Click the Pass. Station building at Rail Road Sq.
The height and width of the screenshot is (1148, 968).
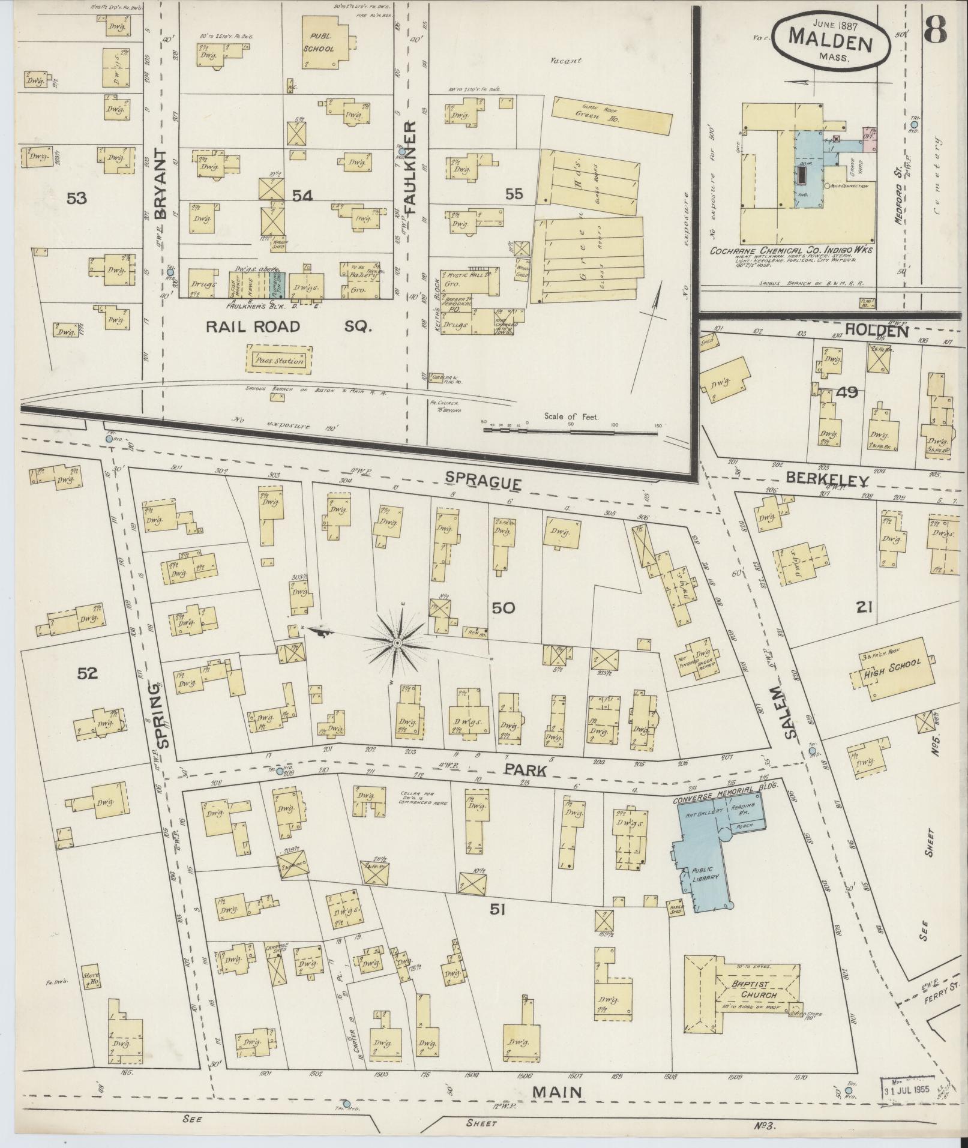click(x=280, y=361)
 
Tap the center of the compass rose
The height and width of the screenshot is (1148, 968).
click(x=397, y=643)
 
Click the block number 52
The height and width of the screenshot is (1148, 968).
click(x=87, y=673)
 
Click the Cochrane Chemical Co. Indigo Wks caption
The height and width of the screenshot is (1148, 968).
click(x=791, y=251)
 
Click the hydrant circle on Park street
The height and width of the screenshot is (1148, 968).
click(x=279, y=771)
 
